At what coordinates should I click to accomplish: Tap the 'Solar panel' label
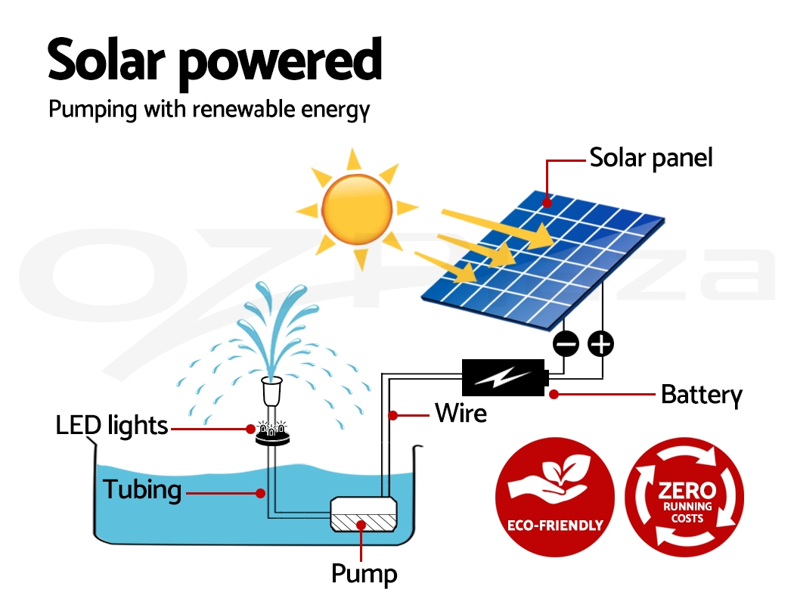point(650,158)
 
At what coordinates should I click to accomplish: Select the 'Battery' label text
point(701,394)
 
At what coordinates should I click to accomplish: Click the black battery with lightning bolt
point(504,377)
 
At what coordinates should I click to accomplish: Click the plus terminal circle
point(601,344)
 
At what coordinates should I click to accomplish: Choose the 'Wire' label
point(461,413)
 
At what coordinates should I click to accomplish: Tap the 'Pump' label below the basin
point(364,573)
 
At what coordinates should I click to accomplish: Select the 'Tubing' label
point(142,489)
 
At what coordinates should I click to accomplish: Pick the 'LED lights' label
point(112,425)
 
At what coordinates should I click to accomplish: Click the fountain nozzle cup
point(271,392)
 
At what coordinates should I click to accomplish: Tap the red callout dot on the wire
point(392,414)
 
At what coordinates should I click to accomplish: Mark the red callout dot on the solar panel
point(547,202)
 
